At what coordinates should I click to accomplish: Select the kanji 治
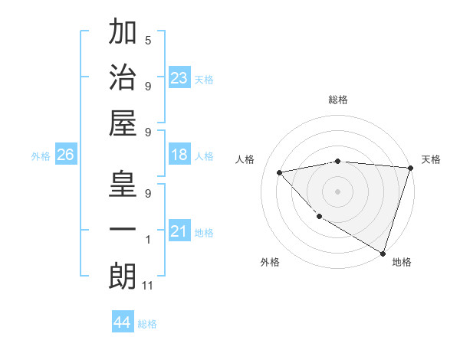click(123, 77)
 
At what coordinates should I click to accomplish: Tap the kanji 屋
click(123, 122)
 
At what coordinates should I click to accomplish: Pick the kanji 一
click(123, 230)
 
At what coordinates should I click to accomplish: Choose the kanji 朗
click(123, 275)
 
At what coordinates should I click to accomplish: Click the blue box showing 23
click(179, 78)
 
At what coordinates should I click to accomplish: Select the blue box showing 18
click(179, 155)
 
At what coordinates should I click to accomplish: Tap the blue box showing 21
click(179, 231)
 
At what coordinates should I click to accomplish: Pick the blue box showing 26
click(65, 155)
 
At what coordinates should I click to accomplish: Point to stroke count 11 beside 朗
click(149, 286)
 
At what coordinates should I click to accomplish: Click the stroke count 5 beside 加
click(148, 40)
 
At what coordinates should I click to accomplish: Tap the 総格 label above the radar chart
click(337, 100)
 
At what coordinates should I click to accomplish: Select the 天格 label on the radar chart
click(431, 159)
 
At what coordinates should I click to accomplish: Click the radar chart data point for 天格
click(411, 168)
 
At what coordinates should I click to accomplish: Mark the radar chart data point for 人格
click(280, 172)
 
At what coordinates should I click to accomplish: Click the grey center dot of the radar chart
click(337, 191)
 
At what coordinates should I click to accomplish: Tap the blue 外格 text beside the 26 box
click(41, 155)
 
